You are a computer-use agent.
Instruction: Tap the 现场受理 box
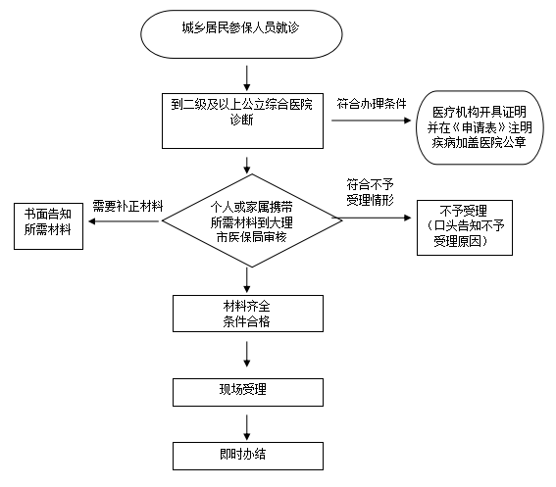pyautogui.click(x=246, y=391)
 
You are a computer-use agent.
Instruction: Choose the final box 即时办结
pyautogui.click(x=246, y=455)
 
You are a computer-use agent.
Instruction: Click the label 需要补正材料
pyautogui.click(x=126, y=207)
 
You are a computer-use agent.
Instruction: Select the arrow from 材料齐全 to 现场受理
pyautogui.click(x=246, y=357)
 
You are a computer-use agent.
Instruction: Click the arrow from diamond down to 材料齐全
pyautogui.click(x=246, y=278)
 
